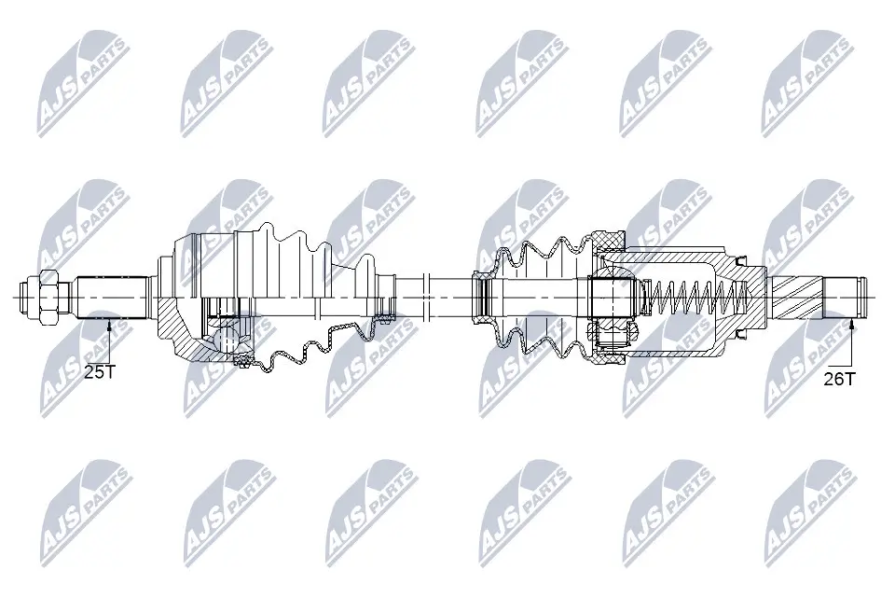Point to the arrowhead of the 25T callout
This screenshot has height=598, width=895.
coord(110,323)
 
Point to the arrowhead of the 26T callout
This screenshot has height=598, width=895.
coord(852,323)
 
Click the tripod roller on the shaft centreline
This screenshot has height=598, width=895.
coord(613,297)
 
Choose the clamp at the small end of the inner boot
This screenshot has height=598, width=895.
coord(482,297)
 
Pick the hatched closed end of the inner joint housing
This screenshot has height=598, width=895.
coord(737,297)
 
